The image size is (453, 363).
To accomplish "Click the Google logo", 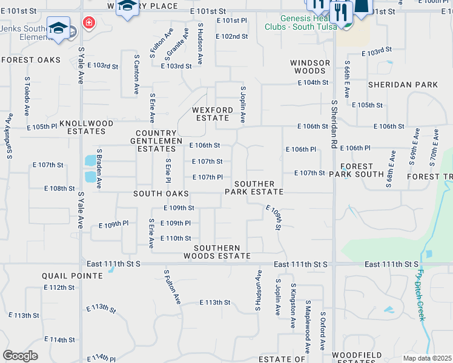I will pyautogui.click(x=20, y=356).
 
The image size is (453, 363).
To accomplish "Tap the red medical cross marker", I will pyautogui.click(x=90, y=22).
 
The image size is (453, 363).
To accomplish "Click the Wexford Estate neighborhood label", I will pyautogui.click(x=213, y=114).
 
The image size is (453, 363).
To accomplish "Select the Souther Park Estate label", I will pyautogui.click(x=254, y=188).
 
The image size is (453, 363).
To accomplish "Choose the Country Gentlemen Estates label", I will pyautogui.click(x=159, y=141).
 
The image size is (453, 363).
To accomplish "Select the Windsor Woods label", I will pyautogui.click(x=309, y=67).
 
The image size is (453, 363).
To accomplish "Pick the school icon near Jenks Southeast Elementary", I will pyautogui.click(x=59, y=28).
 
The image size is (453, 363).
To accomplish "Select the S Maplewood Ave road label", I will pyautogui.click(x=308, y=325).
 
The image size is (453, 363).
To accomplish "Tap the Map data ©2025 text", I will pyautogui.click(x=427, y=358).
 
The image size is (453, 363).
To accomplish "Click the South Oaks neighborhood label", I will pyautogui.click(x=161, y=194).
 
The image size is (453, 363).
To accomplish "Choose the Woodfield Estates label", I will pyautogui.click(x=360, y=358).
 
